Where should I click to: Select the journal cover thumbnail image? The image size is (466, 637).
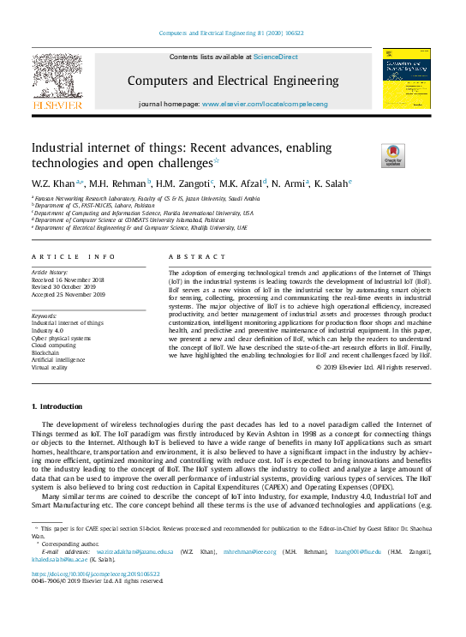click(407, 79)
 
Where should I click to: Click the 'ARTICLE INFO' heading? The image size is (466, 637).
click(73, 256)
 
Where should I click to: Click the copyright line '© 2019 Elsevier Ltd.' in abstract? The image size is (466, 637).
click(373, 367)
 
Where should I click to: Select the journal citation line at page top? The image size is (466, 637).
click(231, 34)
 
